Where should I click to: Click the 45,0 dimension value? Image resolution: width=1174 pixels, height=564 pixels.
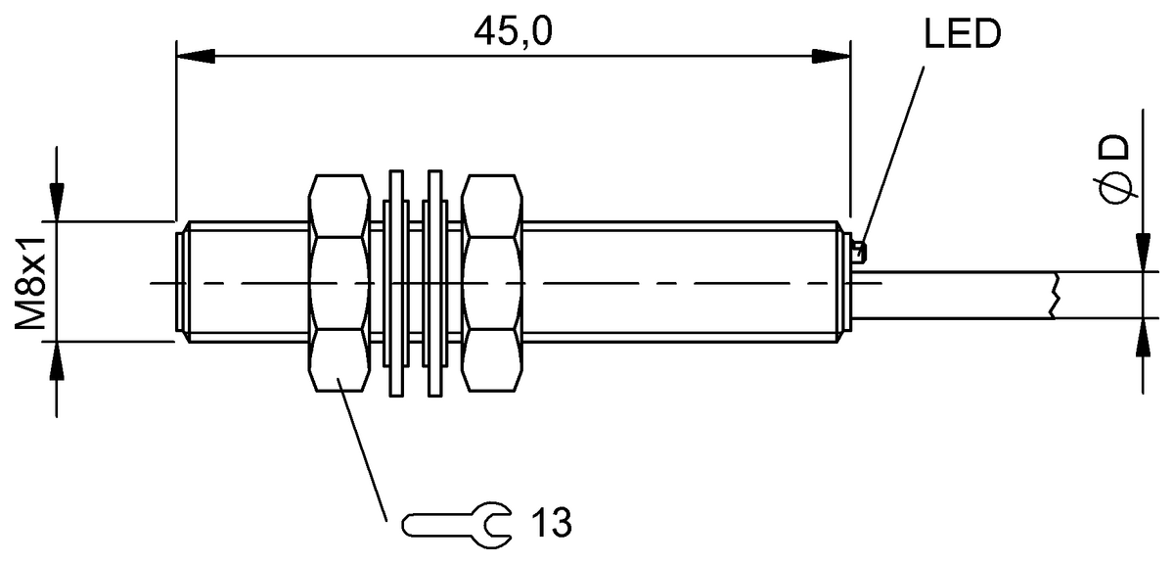click(x=513, y=31)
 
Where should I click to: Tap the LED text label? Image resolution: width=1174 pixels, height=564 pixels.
click(x=962, y=34)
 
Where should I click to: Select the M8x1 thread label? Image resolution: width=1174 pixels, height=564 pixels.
click(x=31, y=283)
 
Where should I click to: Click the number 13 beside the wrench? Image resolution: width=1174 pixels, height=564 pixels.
click(x=551, y=523)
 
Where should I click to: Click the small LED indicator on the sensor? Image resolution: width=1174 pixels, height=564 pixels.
click(x=860, y=252)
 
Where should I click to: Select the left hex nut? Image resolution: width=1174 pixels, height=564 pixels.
click(x=339, y=283)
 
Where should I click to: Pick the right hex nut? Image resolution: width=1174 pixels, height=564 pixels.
click(x=491, y=283)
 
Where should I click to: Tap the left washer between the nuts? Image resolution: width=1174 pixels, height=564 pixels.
click(x=395, y=283)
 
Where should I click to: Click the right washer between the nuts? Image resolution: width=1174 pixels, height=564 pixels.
click(x=434, y=283)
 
